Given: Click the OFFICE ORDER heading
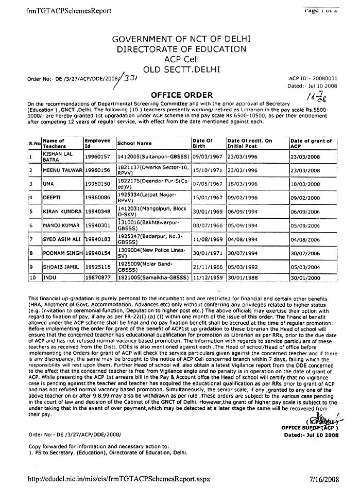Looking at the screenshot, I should [181, 95].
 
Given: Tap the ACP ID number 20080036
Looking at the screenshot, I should [323, 77].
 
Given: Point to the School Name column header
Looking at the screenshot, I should [134, 143].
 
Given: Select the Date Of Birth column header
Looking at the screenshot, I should [202, 143].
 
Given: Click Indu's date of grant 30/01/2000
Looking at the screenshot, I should [305, 277].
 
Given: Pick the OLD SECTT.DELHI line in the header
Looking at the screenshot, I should [181, 68].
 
